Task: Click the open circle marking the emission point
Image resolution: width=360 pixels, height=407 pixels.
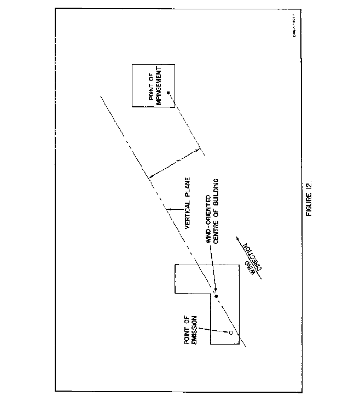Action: coord(231,333)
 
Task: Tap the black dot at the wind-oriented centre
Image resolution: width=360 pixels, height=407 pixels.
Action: coord(216,296)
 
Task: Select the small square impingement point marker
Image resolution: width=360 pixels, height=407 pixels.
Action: coord(169,92)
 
